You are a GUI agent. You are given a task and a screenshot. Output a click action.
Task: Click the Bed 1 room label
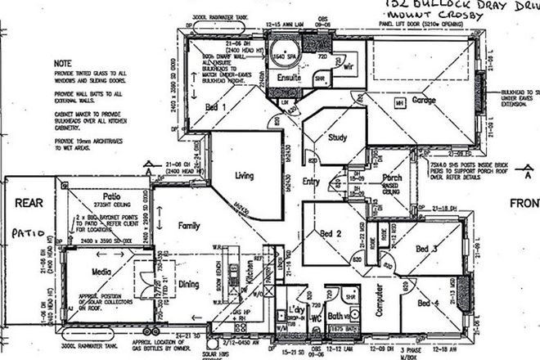click(215, 107)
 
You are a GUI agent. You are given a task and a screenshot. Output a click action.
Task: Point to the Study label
click(339, 137)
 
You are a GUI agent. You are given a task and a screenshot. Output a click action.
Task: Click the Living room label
click(245, 175)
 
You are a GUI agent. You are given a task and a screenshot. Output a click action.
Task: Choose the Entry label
click(312, 181)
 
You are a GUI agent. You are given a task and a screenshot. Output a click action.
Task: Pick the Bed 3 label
click(427, 248)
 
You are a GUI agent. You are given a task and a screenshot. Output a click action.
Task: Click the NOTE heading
click(62, 62)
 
